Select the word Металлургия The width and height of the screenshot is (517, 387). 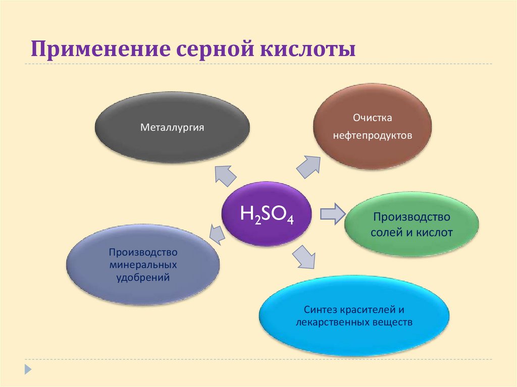point(172,127)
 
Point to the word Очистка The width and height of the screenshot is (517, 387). point(373,118)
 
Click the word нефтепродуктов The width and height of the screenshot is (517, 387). point(373,136)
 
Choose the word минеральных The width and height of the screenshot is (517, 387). point(143,264)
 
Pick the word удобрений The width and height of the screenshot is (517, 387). point(143,277)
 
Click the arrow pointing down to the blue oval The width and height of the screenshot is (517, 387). point(305,256)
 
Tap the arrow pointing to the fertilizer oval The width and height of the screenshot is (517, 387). point(216,232)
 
